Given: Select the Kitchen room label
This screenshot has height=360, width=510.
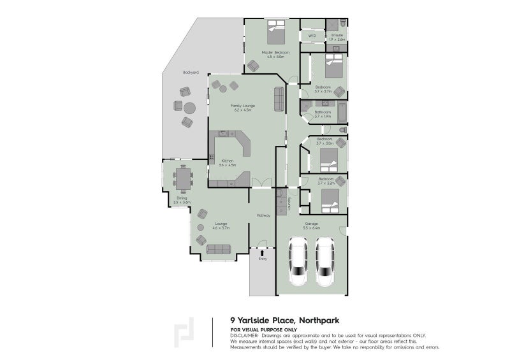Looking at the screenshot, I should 228,161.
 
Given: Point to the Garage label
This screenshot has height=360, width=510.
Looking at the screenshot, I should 312,224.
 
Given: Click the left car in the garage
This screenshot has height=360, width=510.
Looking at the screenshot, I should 298,261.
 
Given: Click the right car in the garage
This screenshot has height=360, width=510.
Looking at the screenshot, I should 325,261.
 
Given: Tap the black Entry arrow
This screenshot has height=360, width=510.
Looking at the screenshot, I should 261,253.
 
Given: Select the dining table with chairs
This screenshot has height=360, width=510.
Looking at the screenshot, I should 184,178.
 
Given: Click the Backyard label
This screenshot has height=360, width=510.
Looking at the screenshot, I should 191,73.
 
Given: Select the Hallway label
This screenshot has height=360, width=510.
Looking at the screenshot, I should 263,215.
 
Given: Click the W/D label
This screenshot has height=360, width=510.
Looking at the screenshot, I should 312,36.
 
